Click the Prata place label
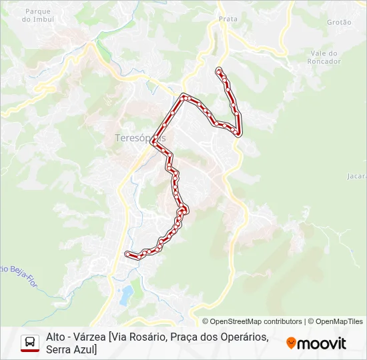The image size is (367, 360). pos(228,19)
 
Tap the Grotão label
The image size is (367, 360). pos(339,22)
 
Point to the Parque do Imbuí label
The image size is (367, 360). pos(37,15)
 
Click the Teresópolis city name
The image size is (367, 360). pos(139,138)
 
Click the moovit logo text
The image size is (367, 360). pos(322,344)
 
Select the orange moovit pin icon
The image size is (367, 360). pos(291,343)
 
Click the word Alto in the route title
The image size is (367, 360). pos(56,337)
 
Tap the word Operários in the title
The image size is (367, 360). pos(241,337)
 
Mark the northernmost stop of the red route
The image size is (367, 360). pos(219,70)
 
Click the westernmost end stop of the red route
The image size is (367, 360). pos(127,253)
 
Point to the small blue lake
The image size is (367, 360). pos(126,295)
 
